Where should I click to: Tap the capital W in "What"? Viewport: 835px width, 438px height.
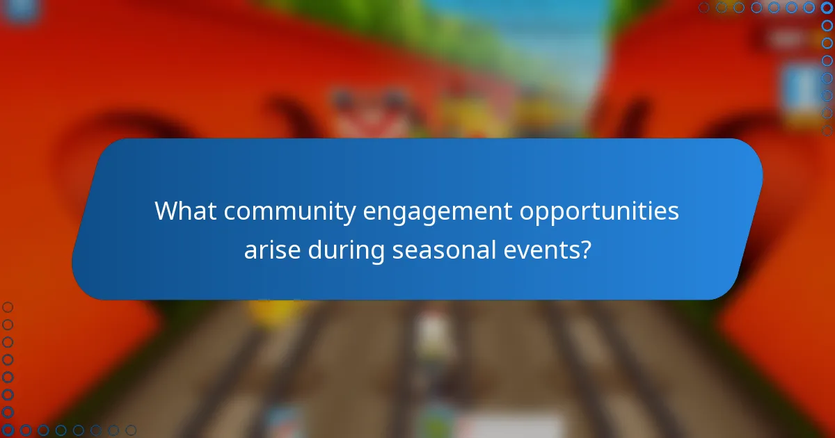coord(164,211)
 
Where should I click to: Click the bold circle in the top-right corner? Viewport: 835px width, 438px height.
coord(827,8)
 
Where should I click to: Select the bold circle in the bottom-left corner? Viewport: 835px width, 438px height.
coord(8,430)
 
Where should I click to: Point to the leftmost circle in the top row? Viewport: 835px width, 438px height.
coord(703,8)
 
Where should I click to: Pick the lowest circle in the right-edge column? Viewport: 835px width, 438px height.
coord(827,130)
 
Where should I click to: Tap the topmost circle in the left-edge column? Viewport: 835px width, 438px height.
coord(8,307)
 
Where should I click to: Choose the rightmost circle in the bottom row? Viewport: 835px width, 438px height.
coord(131,430)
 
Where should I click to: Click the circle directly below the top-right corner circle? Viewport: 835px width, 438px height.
coord(827,25)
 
